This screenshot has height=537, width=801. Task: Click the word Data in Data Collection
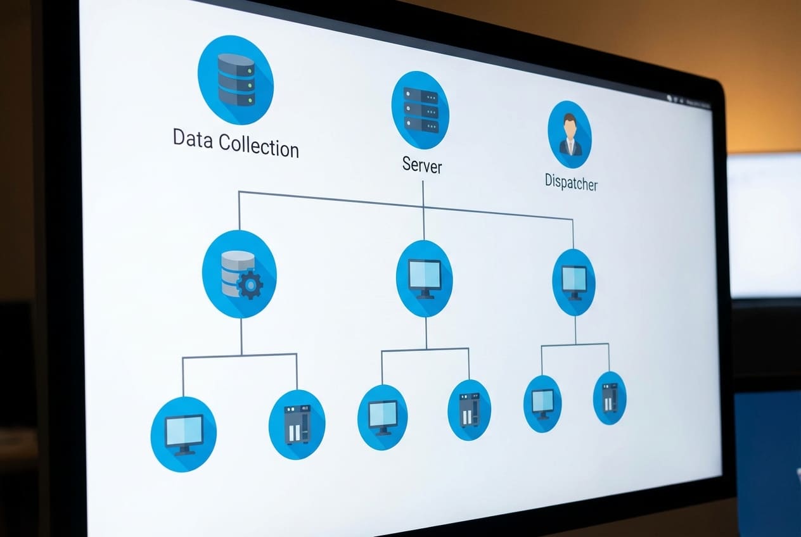pyautogui.click(x=193, y=139)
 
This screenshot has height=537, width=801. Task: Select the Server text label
pyautogui.click(x=422, y=165)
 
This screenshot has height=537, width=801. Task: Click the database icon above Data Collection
pyautogui.click(x=236, y=79)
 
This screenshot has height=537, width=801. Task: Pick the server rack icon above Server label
pyautogui.click(x=420, y=110)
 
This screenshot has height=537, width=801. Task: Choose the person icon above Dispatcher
pyautogui.click(x=570, y=134)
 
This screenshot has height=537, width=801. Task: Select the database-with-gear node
pyautogui.click(x=240, y=274)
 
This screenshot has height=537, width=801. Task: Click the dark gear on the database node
pyautogui.click(x=250, y=286)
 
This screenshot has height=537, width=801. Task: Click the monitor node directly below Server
pyautogui.click(x=424, y=279)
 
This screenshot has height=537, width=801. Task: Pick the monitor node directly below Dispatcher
pyautogui.click(x=574, y=282)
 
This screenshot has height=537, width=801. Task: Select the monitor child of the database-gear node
pyautogui.click(x=184, y=434)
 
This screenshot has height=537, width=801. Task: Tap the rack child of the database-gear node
pyautogui.click(x=297, y=424)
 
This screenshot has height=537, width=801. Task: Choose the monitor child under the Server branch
pyautogui.click(x=382, y=417)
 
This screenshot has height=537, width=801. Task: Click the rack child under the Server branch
pyautogui.click(x=469, y=410)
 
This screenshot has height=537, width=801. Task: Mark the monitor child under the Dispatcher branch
pyautogui.click(x=542, y=403)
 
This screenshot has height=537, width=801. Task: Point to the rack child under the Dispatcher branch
pyautogui.click(x=610, y=398)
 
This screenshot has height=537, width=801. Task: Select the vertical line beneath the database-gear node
pyautogui.click(x=241, y=336)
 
